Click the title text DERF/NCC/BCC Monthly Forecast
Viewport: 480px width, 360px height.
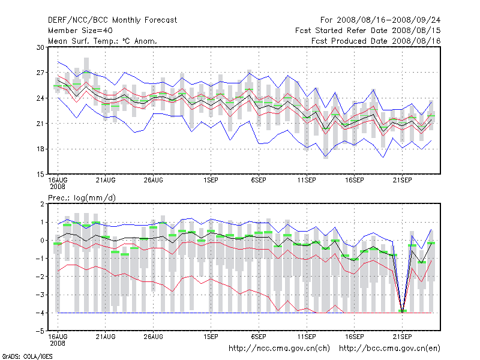[x=112, y=20]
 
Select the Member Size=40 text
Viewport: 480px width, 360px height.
[x=79, y=31]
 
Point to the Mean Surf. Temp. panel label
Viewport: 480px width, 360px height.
[x=103, y=41]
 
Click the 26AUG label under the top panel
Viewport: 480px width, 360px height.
[x=154, y=179]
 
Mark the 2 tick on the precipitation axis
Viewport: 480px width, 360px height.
[x=41, y=204]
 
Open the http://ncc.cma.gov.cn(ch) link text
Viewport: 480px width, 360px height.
[x=279, y=348]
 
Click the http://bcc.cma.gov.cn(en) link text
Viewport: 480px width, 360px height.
[x=390, y=348]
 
